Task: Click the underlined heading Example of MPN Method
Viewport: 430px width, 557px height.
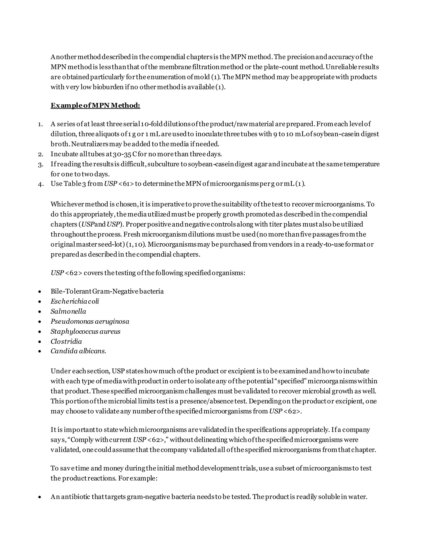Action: (95, 105)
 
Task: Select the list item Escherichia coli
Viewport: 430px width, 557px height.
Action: (75, 301)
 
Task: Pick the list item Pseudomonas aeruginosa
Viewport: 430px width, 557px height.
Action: (90, 321)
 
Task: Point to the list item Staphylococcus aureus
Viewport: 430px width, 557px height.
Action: (85, 331)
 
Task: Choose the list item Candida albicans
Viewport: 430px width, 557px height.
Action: (78, 351)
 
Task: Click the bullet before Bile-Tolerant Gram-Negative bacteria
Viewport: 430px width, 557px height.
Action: (39, 292)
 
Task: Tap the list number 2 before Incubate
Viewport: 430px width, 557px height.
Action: (40, 154)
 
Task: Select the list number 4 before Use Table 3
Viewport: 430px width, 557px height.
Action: (40, 184)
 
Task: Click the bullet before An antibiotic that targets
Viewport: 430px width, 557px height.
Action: (39, 497)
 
